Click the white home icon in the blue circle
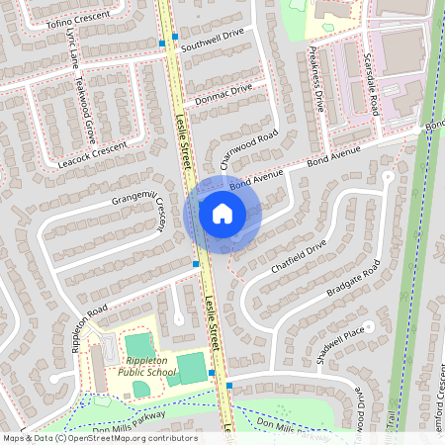222,213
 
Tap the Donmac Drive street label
224,93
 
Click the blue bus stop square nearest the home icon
196,264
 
